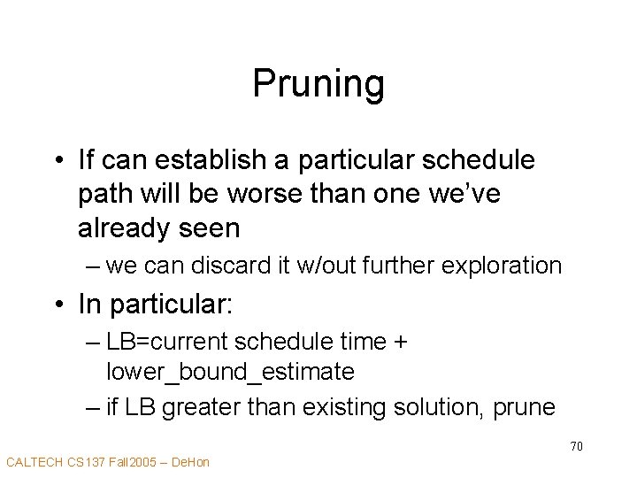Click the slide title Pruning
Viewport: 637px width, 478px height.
pos(318,84)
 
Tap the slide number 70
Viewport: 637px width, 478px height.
pos(576,446)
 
